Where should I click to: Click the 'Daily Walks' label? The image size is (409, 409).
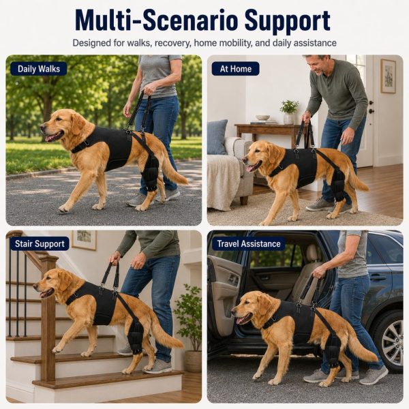tap(39, 69)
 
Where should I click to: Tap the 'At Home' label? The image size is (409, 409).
tap(236, 69)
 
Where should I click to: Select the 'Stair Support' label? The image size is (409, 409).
tap(40, 243)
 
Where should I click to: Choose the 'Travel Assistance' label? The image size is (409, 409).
tap(249, 243)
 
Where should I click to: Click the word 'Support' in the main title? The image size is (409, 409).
tap(288, 21)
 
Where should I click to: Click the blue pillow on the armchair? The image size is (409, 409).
tap(217, 137)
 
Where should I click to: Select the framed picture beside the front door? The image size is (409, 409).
tap(388, 76)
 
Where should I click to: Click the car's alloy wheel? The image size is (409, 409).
tap(392, 342)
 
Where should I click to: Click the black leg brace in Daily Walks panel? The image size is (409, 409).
tap(150, 172)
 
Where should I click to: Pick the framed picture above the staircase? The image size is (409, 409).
tap(84, 240)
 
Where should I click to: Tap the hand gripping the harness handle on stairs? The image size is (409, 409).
tap(115, 257)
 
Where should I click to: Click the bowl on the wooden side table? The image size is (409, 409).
tap(262, 118)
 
